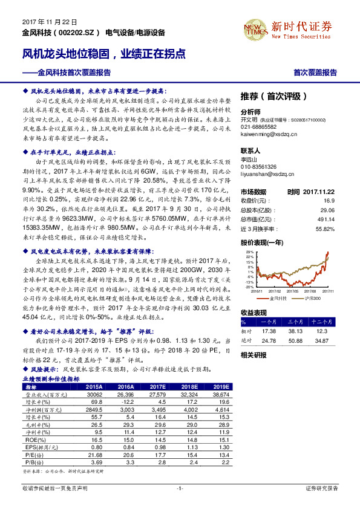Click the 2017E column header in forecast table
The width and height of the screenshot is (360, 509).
pos(156,386)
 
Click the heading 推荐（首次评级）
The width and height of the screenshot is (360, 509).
pos(274,96)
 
